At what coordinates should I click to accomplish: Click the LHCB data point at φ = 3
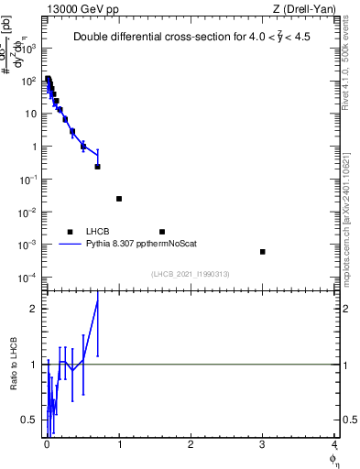pos(262,252)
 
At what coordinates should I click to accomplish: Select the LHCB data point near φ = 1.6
pos(162,232)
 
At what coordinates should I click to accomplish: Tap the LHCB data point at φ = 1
pos(119,199)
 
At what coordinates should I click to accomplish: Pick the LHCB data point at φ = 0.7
pos(97,167)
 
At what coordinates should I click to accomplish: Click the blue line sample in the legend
pos(70,245)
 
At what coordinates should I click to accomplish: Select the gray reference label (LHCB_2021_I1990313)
pos(191,274)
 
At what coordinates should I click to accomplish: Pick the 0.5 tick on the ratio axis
pos(33,420)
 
